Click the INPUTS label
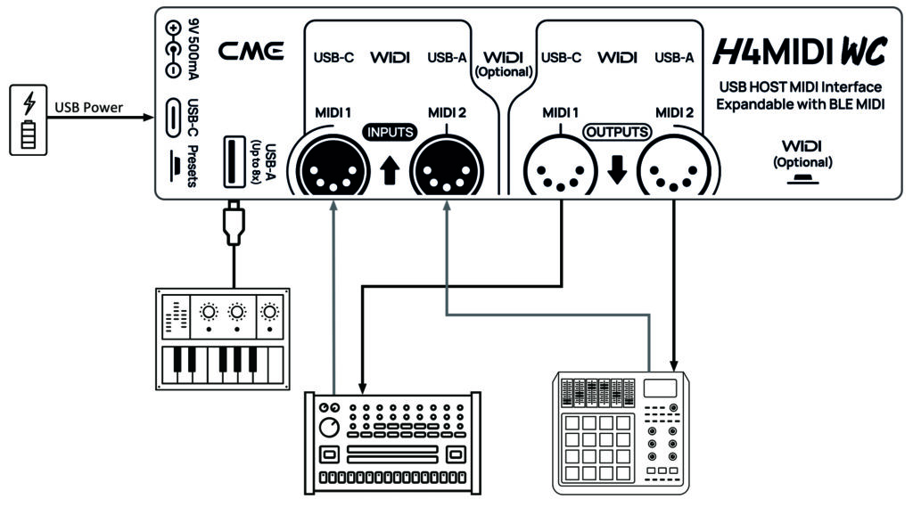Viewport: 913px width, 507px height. coord(389,133)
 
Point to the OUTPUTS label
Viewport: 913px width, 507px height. coord(617,133)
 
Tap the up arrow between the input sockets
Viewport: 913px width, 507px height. coord(389,169)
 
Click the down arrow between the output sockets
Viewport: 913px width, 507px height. coord(617,169)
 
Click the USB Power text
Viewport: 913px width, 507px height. coord(88,109)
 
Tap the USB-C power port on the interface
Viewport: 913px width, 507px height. coord(172,116)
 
